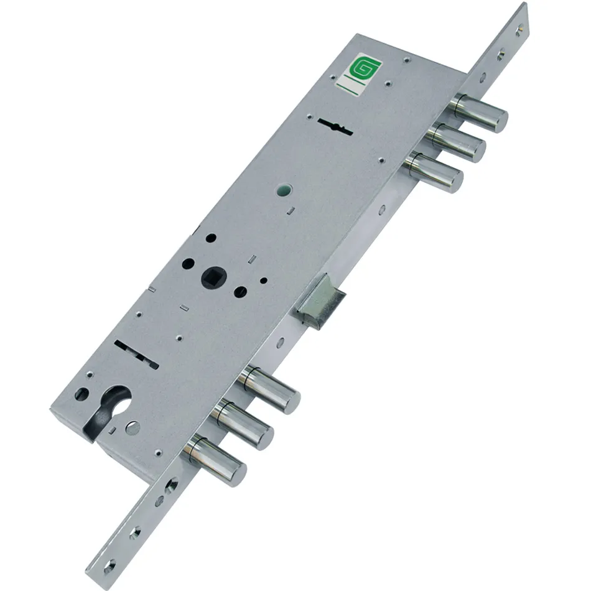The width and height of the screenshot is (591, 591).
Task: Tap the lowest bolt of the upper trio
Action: [x=434, y=172]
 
